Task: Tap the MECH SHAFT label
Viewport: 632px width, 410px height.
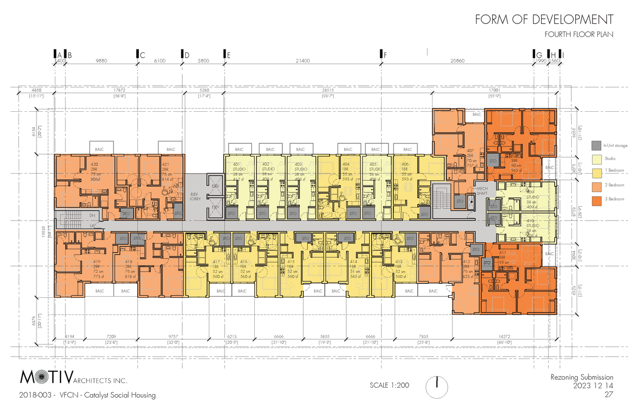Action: [482, 191]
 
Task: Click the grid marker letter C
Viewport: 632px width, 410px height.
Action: [142, 55]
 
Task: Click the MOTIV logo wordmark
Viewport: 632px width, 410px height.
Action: [47, 378]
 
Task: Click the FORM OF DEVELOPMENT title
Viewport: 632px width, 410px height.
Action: [544, 20]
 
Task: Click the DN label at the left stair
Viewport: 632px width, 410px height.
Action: [92, 216]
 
